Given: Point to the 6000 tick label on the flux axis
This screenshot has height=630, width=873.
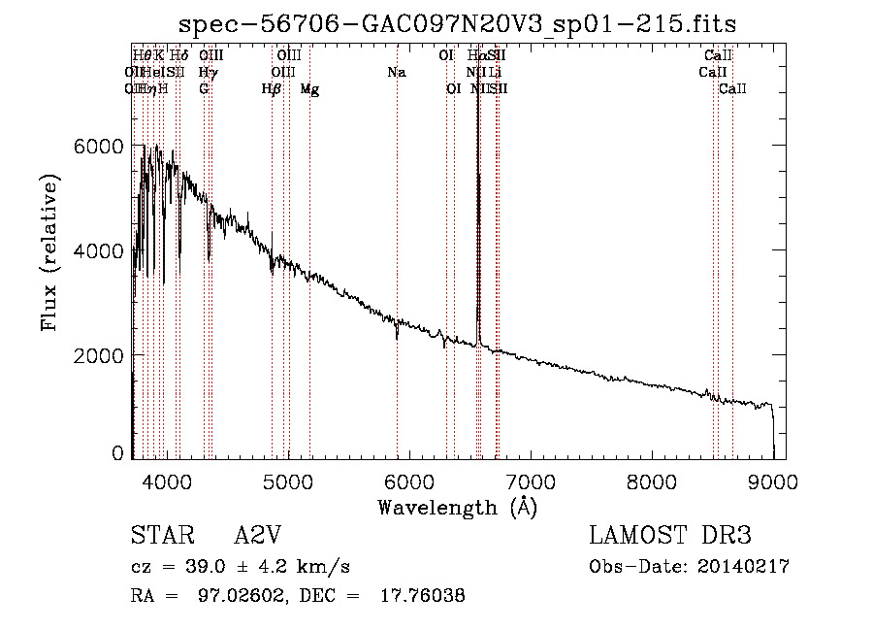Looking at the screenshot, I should (99, 147).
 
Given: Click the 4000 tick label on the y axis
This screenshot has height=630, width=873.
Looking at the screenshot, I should (99, 251).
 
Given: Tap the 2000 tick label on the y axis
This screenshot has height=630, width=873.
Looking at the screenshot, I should (99, 356).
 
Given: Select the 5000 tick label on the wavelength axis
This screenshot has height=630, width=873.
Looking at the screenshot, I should (287, 481).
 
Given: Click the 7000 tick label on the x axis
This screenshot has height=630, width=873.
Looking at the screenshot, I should (531, 481).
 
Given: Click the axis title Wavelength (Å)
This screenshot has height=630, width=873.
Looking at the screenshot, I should (457, 507).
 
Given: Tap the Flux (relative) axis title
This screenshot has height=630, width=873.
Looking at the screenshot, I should (49, 252).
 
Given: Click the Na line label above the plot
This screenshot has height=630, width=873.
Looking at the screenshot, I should (396, 73).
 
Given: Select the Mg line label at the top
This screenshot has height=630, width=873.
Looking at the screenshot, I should (309, 89).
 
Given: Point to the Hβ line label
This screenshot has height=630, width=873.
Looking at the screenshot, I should (272, 89).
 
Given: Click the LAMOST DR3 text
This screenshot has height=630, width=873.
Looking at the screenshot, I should (669, 536).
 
